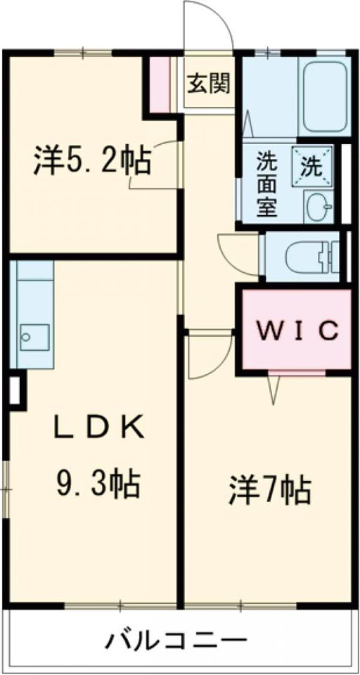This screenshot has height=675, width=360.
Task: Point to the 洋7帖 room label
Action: click(270, 490)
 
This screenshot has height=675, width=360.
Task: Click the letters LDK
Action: click(98, 427)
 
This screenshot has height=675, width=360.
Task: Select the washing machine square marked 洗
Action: click(313, 166)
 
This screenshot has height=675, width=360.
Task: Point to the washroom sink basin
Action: click(319, 207)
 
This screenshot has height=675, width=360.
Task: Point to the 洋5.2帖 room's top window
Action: click(83, 53)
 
